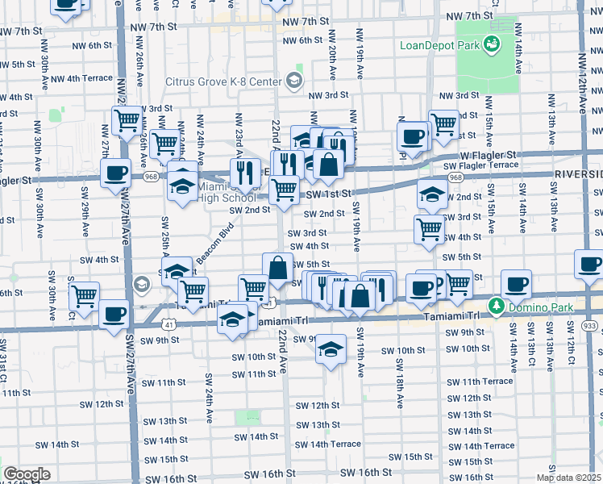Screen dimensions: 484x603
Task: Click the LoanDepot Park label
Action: [439, 44]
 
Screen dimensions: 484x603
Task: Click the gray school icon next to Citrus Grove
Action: [293, 81]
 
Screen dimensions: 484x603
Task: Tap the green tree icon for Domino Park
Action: [497, 306]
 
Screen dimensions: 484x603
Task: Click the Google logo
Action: [27, 474]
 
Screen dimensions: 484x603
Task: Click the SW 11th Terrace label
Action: [488, 381]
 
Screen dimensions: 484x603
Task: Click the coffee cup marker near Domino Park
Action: [516, 284]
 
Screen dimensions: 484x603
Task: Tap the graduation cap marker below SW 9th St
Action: [329, 350]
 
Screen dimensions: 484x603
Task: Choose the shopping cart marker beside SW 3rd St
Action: [429, 229]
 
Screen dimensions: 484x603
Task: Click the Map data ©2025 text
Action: [569, 478]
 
